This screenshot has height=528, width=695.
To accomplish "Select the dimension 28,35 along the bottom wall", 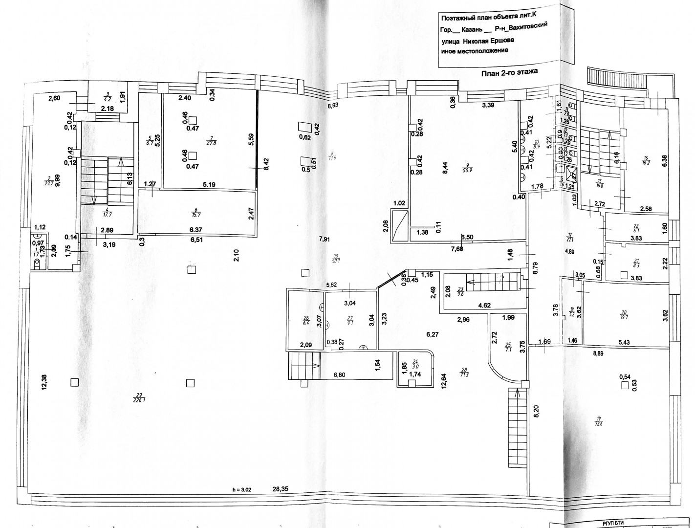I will tap(281, 488).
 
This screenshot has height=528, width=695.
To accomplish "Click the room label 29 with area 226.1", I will tap(139, 397).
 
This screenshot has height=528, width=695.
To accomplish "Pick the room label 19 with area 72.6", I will tap(598, 421).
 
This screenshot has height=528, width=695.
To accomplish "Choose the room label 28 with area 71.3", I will tap(463, 372).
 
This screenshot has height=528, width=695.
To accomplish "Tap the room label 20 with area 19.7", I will tap(623, 314).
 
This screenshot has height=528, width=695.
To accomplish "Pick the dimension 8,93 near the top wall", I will tap(334, 105).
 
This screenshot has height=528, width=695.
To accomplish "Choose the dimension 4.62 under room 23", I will tap(484, 306).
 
